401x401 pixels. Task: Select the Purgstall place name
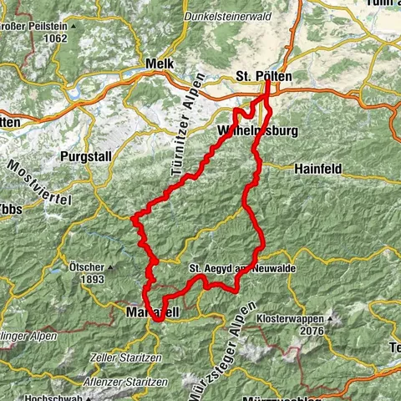click(84, 156)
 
